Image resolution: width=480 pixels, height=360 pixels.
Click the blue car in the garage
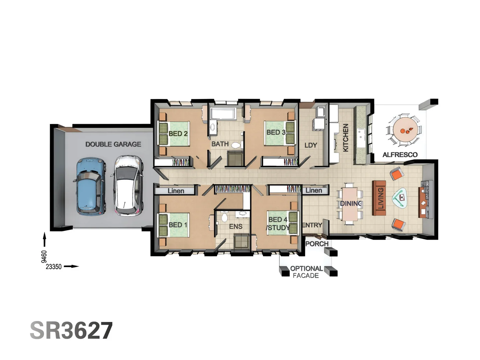point(90,187)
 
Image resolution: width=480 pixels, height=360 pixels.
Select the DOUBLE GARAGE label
point(113,144)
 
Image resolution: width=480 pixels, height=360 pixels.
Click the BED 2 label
point(178,134)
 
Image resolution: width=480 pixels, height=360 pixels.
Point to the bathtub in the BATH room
point(223,114)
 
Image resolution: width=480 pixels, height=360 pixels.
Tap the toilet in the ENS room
point(224,218)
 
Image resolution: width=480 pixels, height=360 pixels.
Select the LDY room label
point(311,145)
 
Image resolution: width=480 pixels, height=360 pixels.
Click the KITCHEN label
point(346,138)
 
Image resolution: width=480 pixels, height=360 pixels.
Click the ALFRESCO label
point(400,155)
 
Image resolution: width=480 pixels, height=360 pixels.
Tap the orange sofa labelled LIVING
point(379,198)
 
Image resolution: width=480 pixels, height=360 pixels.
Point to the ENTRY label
point(312,225)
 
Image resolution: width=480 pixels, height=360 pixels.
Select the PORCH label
point(317,244)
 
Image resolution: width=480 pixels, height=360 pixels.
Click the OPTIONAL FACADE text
point(306,272)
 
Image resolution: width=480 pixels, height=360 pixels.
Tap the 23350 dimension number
point(54,267)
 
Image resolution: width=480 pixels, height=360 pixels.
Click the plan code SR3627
point(71,331)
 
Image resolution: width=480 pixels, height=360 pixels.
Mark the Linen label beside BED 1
point(176,191)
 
